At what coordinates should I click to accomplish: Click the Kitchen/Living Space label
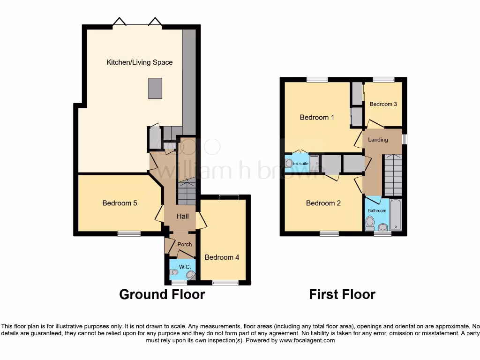[x=139, y=62]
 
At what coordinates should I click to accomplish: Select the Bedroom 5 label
[x=120, y=203]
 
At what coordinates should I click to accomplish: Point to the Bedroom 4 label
[x=222, y=257]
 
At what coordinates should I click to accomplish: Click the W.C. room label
[x=185, y=267]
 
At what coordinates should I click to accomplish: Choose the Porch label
[x=185, y=244]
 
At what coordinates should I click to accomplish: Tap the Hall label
[x=182, y=216]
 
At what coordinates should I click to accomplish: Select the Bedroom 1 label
[x=317, y=117]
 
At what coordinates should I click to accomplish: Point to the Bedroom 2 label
[x=323, y=203]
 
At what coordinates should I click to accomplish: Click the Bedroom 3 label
[x=383, y=104]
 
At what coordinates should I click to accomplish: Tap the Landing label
[x=378, y=140]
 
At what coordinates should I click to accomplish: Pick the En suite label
[x=300, y=163]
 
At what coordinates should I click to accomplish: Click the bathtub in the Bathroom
[x=396, y=215]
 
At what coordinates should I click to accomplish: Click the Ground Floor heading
[x=162, y=294]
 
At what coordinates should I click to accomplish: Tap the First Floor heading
[x=342, y=294]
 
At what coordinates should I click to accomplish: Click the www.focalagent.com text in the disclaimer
[x=308, y=340]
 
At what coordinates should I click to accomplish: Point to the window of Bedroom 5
[x=129, y=233]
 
